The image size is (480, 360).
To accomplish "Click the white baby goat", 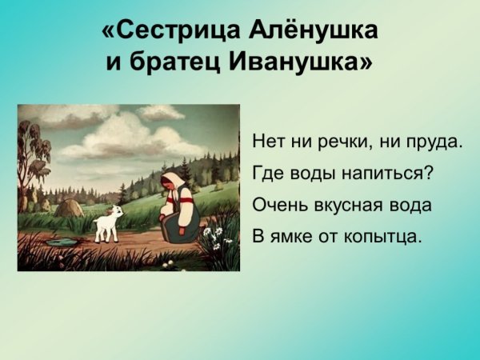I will pos(108,223).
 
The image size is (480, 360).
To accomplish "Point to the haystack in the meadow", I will pos(70,207).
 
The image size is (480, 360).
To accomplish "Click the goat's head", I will pos(118,213).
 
